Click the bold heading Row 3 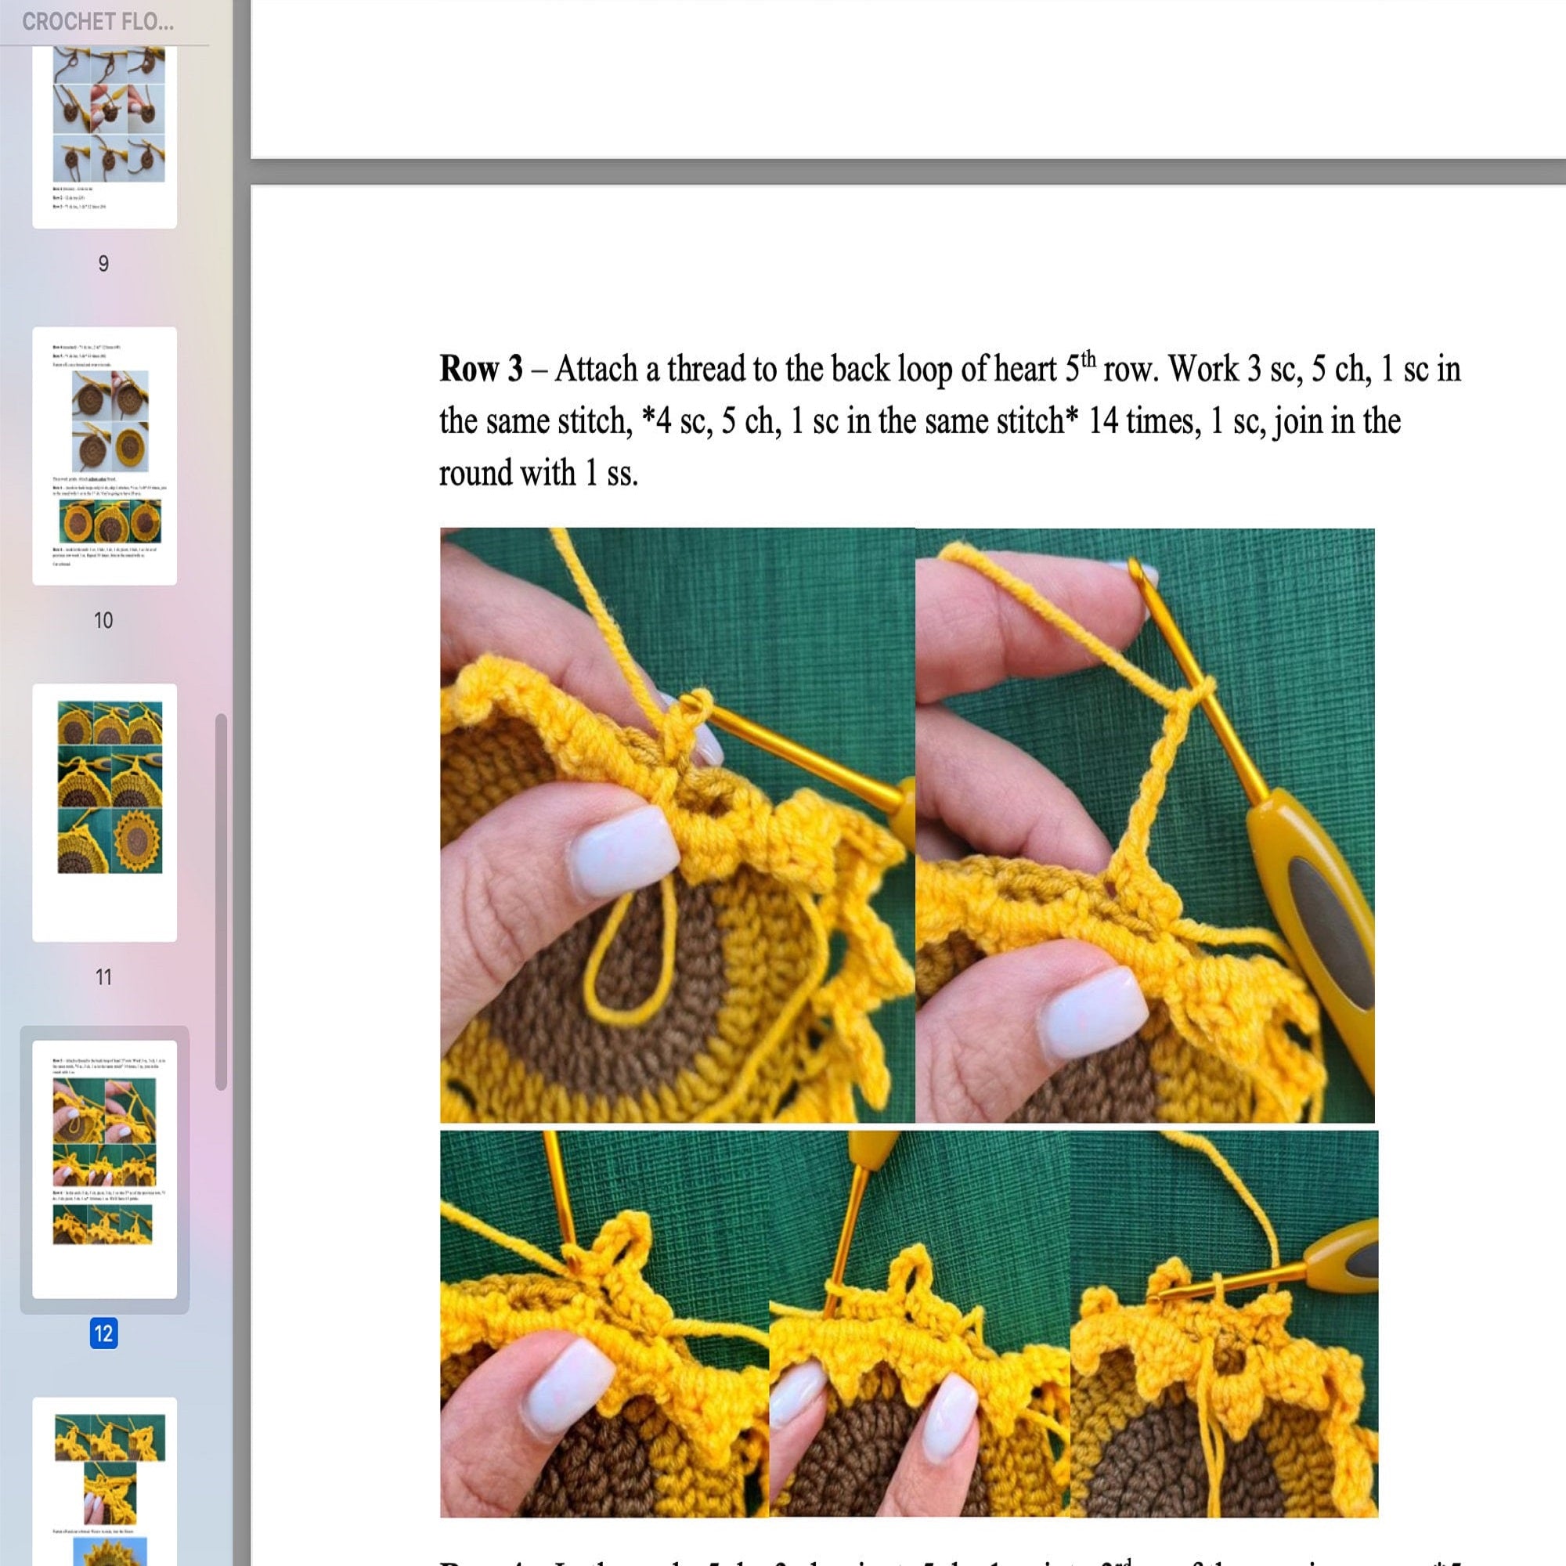click(481, 370)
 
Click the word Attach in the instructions click(596, 370)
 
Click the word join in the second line click(1297, 421)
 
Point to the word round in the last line click(474, 474)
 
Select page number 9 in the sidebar click(103, 263)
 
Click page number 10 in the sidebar click(103, 620)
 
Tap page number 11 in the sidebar click(103, 976)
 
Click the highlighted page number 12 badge click(103, 1333)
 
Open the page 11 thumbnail click(105, 812)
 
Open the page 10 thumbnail click(105, 456)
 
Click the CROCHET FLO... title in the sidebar click(97, 22)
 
